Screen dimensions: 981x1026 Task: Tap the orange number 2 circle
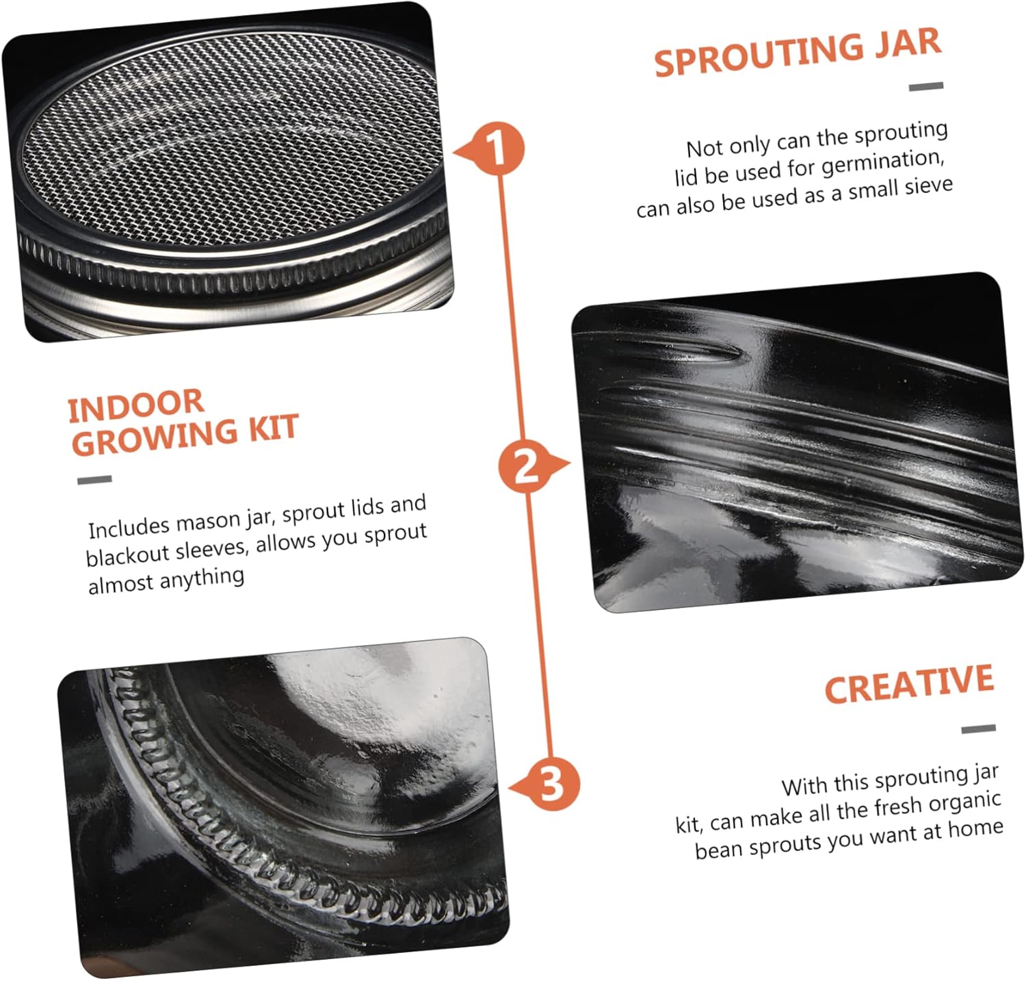click(525, 468)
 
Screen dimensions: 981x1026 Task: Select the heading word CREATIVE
click(909, 684)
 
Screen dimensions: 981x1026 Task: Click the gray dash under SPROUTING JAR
click(926, 86)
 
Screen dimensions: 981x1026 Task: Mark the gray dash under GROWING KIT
click(94, 480)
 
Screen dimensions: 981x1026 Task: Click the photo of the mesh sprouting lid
click(229, 171)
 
